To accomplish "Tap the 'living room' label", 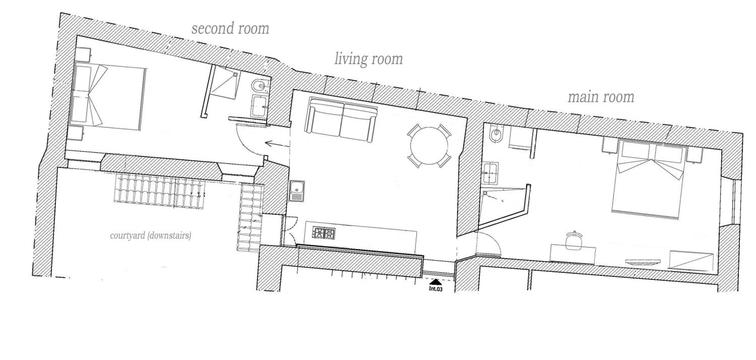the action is point(369,59).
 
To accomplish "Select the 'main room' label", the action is point(601,97).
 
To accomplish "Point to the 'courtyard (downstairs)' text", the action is point(150,235).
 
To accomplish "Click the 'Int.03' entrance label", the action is point(435,289).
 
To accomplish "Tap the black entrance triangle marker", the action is point(435,282).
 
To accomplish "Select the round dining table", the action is point(429,146).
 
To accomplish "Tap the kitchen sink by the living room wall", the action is point(297,191).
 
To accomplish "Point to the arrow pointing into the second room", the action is point(277,144).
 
